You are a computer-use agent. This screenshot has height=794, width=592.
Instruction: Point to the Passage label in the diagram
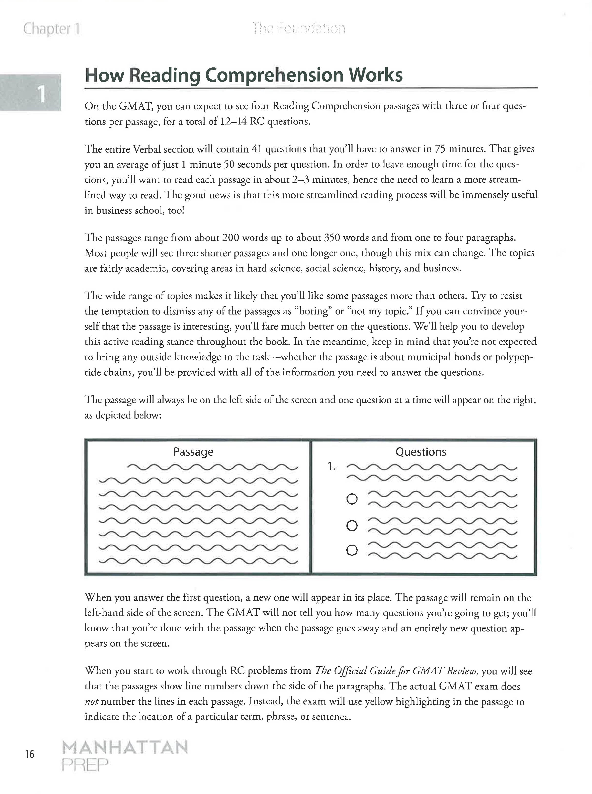(x=193, y=452)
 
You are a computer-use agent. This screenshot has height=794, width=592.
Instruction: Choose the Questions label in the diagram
(x=421, y=452)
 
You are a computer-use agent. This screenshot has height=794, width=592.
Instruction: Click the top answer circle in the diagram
(x=352, y=499)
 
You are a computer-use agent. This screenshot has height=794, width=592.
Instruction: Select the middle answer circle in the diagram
(x=352, y=526)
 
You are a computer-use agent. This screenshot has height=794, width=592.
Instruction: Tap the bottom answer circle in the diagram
(x=352, y=550)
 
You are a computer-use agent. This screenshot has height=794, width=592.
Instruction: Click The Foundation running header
(x=298, y=28)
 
